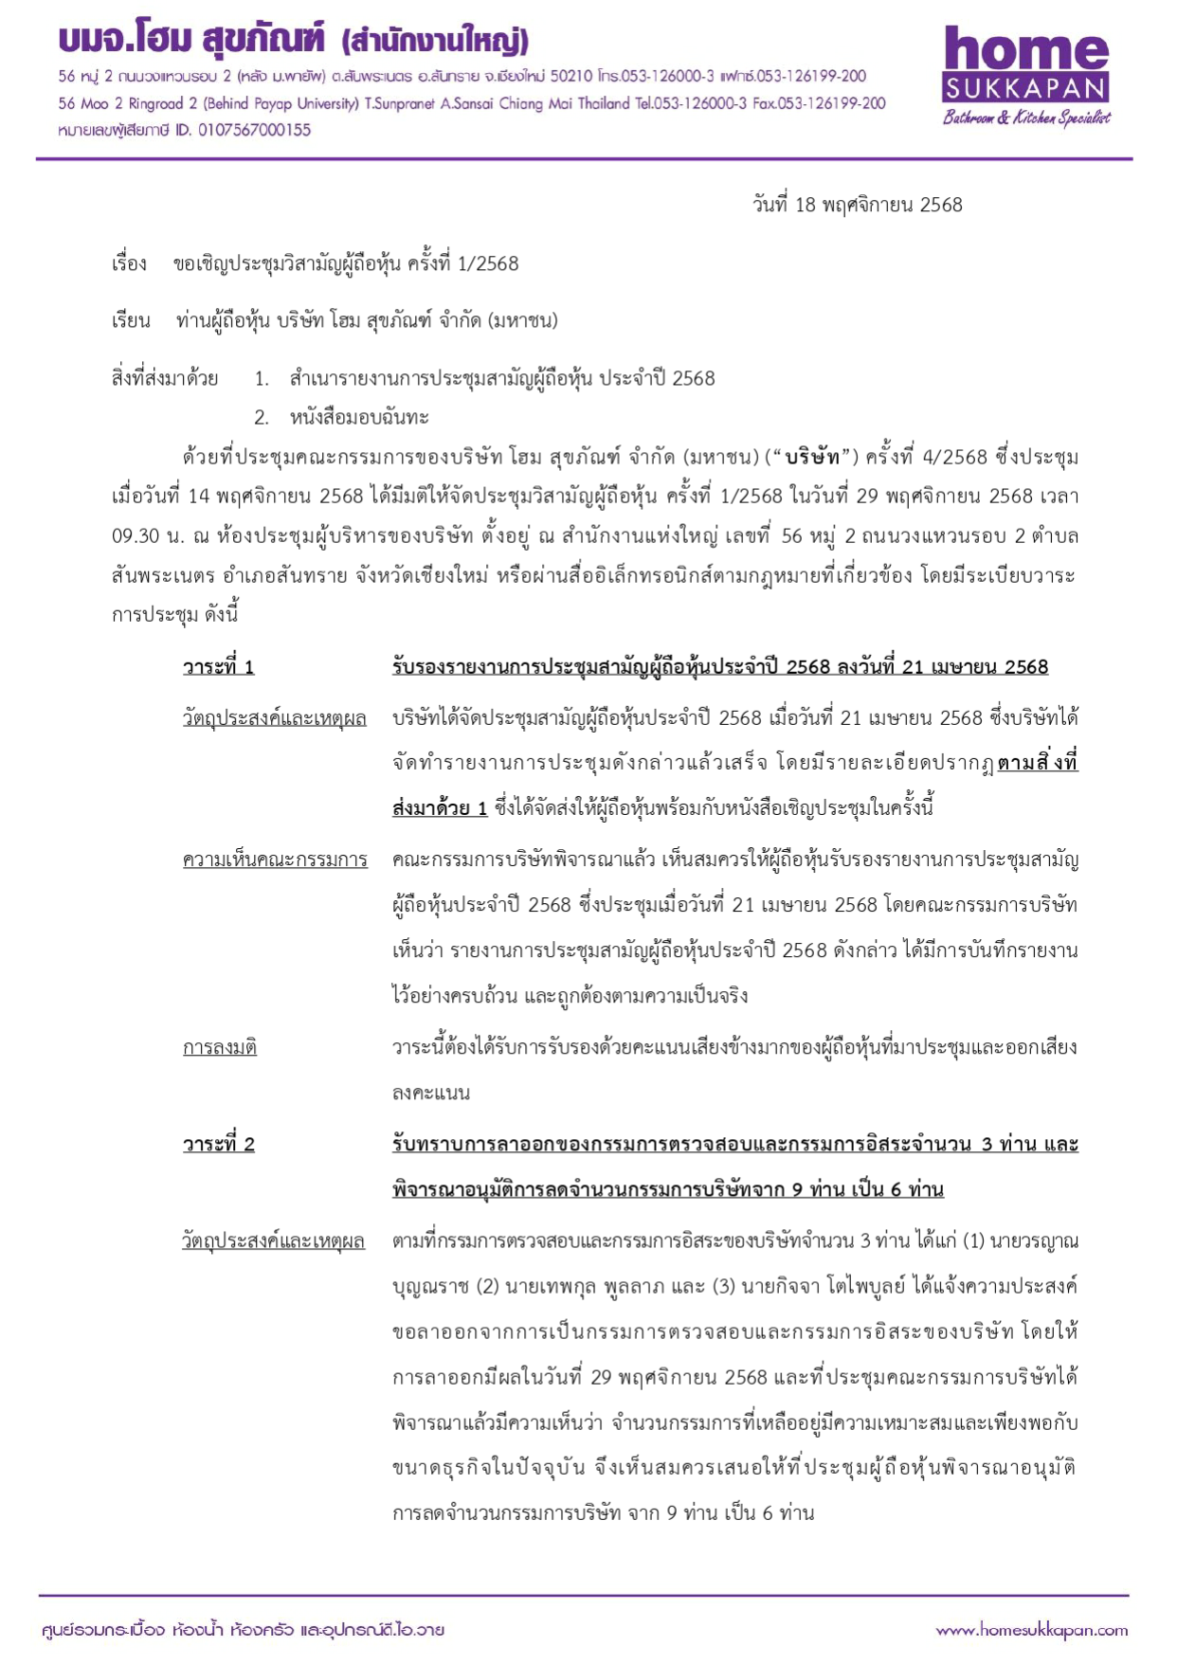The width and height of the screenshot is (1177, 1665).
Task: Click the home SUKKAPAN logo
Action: pos(1025,66)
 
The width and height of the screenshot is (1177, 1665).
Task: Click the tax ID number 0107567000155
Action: pos(253,130)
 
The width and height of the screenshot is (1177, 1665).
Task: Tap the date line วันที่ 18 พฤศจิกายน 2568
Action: pos(857,205)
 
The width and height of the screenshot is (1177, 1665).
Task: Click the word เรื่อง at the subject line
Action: pos(129,263)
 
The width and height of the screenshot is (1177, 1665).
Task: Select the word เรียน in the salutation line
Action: pos(131,321)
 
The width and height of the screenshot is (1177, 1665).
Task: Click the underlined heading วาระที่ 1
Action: pos(218,667)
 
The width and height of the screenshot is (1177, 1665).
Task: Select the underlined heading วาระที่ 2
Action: pos(218,1144)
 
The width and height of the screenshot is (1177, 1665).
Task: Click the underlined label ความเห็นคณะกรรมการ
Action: pos(275,860)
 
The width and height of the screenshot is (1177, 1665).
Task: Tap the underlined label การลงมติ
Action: pos(219,1047)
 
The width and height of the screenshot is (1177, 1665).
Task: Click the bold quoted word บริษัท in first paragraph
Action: pos(812,457)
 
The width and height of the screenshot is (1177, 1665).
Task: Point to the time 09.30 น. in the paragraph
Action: pos(148,536)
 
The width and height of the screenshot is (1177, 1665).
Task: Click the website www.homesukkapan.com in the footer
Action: pos(1031,1630)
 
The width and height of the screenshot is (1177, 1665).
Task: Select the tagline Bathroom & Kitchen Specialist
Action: pos(1025,118)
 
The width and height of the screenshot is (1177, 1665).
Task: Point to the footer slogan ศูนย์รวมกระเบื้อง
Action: pos(103,1630)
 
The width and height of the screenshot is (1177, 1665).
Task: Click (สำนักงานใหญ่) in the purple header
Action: pos(435,41)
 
